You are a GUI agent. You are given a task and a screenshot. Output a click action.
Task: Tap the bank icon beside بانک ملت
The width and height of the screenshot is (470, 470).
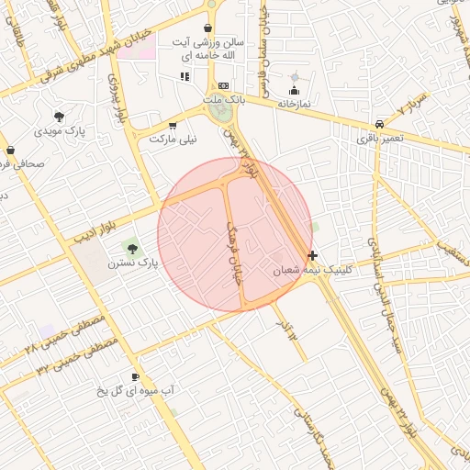222,84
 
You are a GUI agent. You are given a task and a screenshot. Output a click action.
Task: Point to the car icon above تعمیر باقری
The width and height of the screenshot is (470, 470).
379,124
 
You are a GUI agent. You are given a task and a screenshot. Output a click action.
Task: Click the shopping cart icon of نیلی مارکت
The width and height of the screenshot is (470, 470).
173,125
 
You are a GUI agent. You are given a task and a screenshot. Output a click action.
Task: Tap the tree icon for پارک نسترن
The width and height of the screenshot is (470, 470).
133,249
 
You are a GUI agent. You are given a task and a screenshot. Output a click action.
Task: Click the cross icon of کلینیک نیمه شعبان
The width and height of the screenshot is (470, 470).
313,255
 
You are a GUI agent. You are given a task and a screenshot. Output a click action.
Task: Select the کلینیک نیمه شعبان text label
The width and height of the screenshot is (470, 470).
313,271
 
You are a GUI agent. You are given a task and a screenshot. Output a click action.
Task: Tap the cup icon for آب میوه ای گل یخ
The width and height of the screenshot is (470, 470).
136,376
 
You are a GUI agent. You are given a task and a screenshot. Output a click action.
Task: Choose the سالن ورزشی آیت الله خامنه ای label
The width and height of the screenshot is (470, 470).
210,49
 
